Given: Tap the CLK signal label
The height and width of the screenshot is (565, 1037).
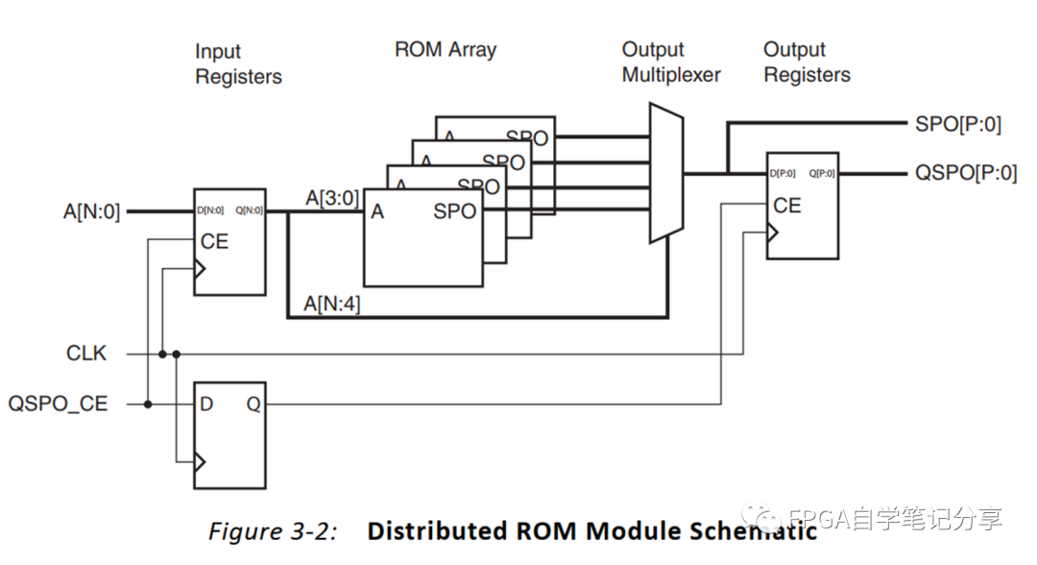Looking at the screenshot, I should (x=86, y=354).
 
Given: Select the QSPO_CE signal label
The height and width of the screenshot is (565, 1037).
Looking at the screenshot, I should (x=58, y=404).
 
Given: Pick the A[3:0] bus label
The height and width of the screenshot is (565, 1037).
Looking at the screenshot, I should (x=332, y=198).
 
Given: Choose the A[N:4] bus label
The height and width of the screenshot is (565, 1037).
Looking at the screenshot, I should (x=331, y=305).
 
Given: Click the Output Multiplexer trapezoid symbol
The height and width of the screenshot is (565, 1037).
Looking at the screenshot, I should (x=665, y=174).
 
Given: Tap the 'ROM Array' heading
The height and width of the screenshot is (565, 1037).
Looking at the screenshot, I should (x=446, y=49).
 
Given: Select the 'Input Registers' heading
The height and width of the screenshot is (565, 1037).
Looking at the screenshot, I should (x=238, y=63).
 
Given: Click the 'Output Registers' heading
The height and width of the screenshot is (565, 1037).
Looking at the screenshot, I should (x=807, y=61).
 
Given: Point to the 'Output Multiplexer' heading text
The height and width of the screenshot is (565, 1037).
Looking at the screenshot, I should (x=671, y=61).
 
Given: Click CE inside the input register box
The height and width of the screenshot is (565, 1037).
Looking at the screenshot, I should (x=214, y=241).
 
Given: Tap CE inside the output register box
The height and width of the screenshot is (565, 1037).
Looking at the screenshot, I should (x=787, y=206).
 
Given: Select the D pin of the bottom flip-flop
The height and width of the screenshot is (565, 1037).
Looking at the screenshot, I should (x=206, y=405).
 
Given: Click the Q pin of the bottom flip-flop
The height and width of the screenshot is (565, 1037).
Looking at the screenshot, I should (x=253, y=405).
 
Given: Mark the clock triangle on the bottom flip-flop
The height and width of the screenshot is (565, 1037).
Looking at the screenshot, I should (x=200, y=463).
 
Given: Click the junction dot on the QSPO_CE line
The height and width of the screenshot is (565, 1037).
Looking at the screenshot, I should (x=148, y=405).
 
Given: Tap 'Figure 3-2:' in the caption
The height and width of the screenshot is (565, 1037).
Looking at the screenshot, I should (x=272, y=531).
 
